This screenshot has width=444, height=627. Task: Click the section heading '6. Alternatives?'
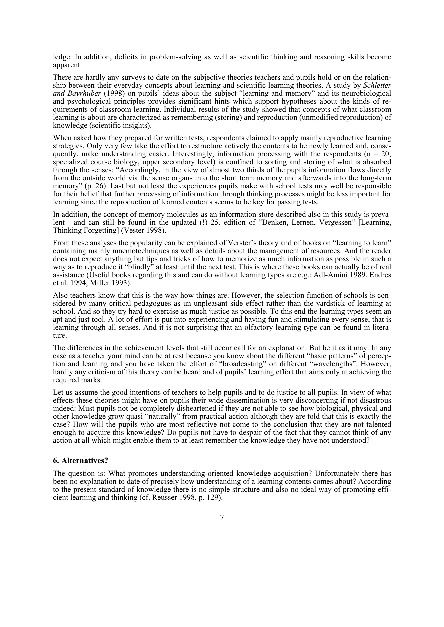point(80,461)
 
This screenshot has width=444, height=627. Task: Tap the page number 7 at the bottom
point(222,517)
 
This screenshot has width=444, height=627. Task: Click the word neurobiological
point(361,94)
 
